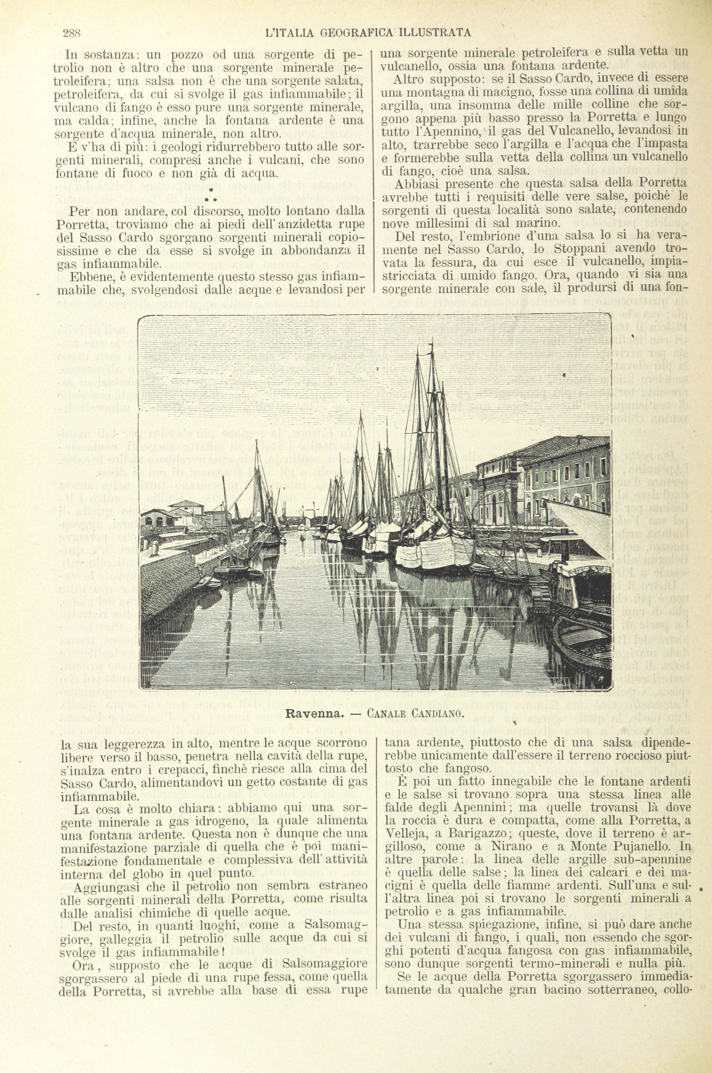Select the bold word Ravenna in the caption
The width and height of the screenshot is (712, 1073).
(x=314, y=713)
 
